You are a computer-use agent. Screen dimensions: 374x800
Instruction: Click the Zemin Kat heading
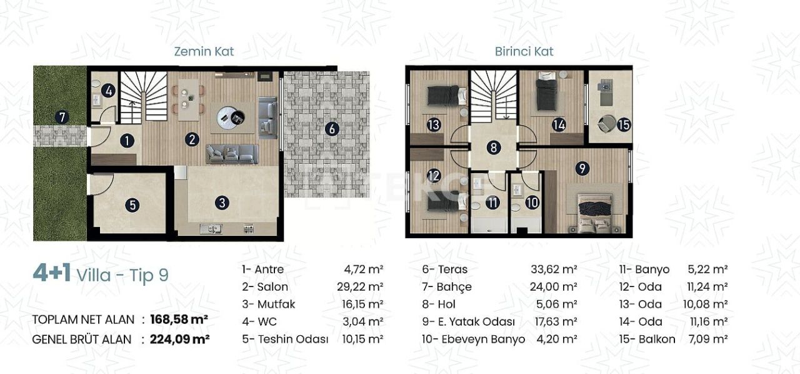click(x=204, y=51)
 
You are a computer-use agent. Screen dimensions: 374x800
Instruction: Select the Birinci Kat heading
click(x=524, y=51)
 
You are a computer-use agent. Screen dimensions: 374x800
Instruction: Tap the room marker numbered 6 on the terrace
click(x=332, y=129)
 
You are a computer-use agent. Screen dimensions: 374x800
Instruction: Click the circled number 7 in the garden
click(x=61, y=116)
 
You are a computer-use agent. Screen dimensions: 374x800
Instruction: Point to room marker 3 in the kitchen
click(x=223, y=203)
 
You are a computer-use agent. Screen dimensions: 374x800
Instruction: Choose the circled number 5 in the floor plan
click(x=131, y=205)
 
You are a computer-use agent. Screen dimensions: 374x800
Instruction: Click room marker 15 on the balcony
click(x=623, y=124)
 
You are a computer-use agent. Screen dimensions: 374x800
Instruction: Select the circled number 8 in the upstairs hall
click(x=494, y=148)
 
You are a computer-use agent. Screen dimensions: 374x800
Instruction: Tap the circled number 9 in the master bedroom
click(x=582, y=168)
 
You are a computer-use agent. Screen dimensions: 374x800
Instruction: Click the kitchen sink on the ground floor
click(x=211, y=229)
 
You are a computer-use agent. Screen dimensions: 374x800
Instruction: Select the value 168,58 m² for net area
click(x=179, y=320)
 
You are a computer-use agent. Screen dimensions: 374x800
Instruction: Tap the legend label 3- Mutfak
click(x=269, y=305)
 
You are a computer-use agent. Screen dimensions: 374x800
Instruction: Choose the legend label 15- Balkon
click(x=647, y=340)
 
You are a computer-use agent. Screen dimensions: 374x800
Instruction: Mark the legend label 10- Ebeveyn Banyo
click(x=469, y=340)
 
